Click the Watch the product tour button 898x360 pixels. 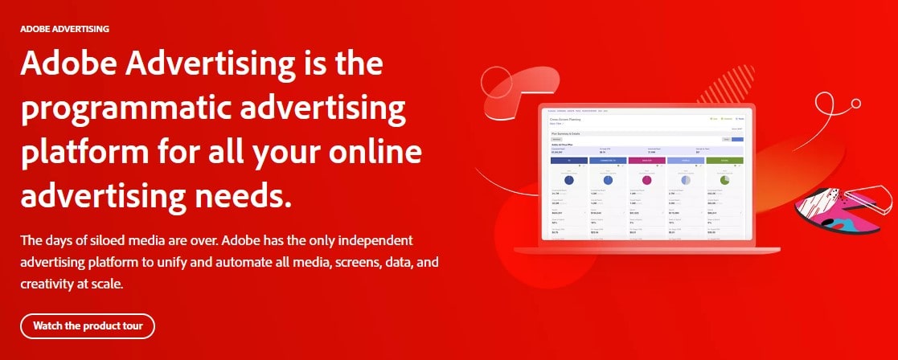click(x=88, y=326)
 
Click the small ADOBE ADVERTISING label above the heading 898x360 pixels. click(x=65, y=28)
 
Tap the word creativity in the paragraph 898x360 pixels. click(x=49, y=284)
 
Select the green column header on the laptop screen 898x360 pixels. click(x=725, y=160)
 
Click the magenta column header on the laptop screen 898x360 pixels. click(x=646, y=160)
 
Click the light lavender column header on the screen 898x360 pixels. click(x=686, y=160)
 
